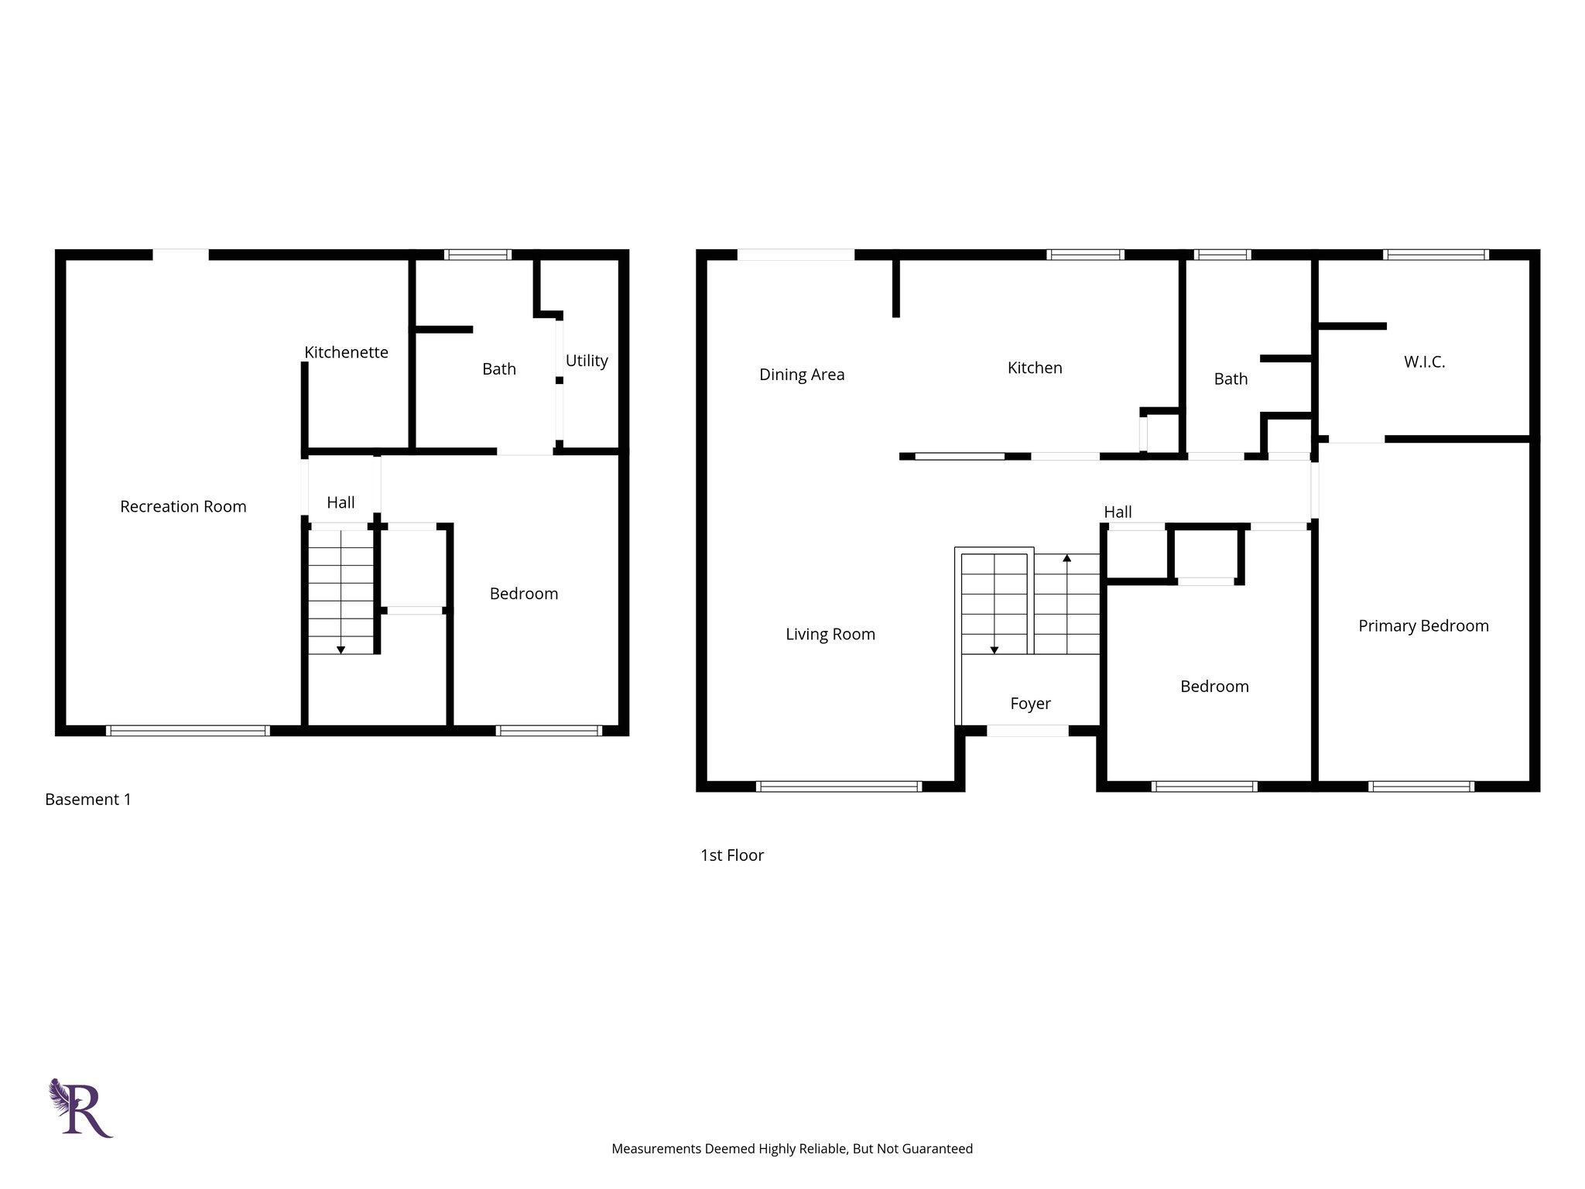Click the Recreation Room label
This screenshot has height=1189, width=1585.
183,506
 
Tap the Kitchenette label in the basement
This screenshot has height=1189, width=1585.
346,352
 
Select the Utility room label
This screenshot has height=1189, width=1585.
586,361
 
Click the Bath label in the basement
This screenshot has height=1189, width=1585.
498,369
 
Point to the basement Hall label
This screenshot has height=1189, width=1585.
341,502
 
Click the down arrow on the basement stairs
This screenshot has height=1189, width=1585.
341,649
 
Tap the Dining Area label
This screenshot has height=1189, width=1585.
801,375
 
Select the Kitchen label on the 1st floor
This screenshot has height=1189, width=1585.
1034,368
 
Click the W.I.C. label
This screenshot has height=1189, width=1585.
1424,361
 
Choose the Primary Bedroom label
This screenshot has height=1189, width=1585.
1422,625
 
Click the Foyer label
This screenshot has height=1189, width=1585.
1030,704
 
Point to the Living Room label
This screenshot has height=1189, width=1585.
830,634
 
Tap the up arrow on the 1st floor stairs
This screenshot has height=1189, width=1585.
1066,558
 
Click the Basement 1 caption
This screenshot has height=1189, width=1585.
88,800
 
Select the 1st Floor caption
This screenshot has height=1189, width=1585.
731,855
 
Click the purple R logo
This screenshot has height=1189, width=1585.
82,1108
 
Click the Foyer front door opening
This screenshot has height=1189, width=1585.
1027,731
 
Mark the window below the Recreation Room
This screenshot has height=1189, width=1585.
187,731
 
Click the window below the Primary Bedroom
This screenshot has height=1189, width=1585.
1421,786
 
